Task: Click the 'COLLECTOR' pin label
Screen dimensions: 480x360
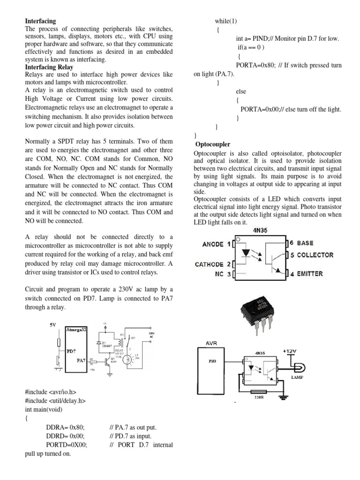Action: tap(315, 255)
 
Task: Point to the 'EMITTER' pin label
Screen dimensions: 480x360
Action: tap(309, 274)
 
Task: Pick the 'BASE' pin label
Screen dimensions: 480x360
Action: tap(305, 243)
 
